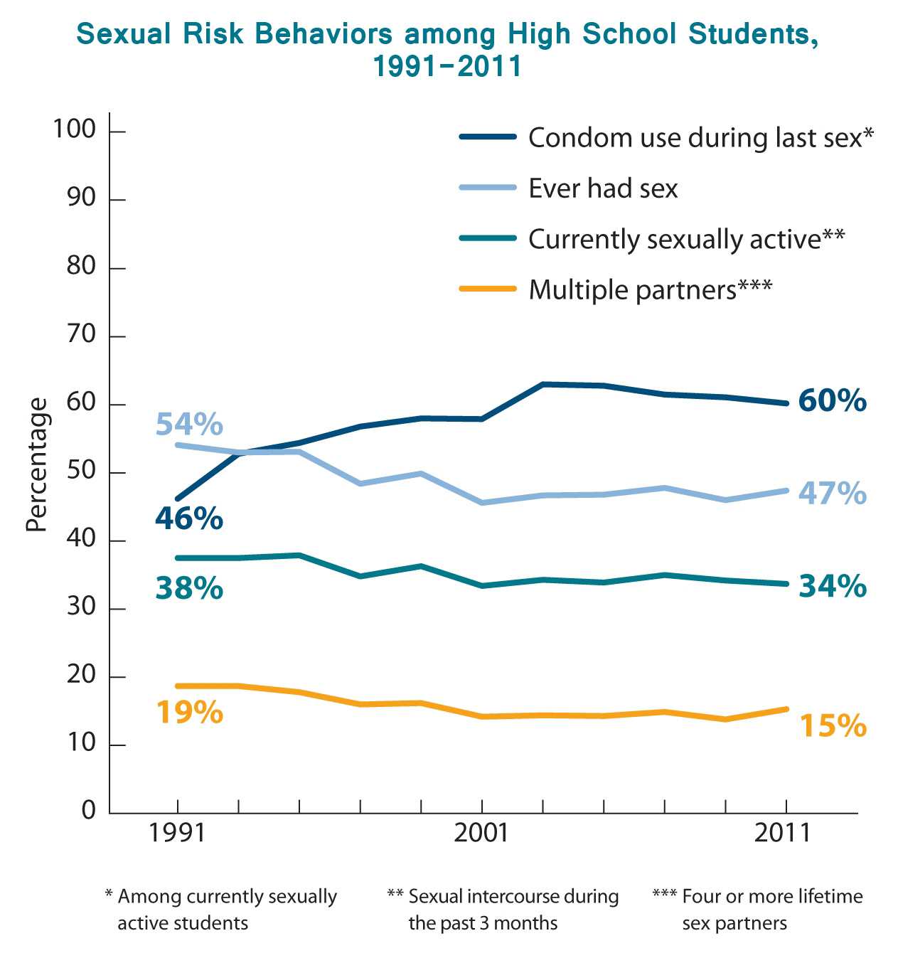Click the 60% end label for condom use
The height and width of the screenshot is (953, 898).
click(x=832, y=401)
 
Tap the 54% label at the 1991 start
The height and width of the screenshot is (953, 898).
click(x=189, y=425)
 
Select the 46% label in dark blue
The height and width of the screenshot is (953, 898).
click(x=189, y=519)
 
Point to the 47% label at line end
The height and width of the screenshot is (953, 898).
click(x=832, y=494)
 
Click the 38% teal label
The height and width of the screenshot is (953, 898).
click(x=189, y=589)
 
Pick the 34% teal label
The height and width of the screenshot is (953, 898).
click(x=832, y=587)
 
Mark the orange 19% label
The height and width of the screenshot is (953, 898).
click(x=189, y=713)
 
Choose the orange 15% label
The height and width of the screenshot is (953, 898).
click(x=833, y=726)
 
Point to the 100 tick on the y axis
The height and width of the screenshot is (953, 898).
click(x=74, y=129)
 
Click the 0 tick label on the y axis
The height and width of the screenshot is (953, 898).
click(x=89, y=810)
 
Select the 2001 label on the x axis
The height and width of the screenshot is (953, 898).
click(x=481, y=833)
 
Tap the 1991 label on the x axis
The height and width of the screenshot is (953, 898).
click(x=177, y=833)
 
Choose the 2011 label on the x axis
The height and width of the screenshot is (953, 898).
click(x=783, y=833)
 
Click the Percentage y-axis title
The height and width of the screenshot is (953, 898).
click(x=37, y=465)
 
